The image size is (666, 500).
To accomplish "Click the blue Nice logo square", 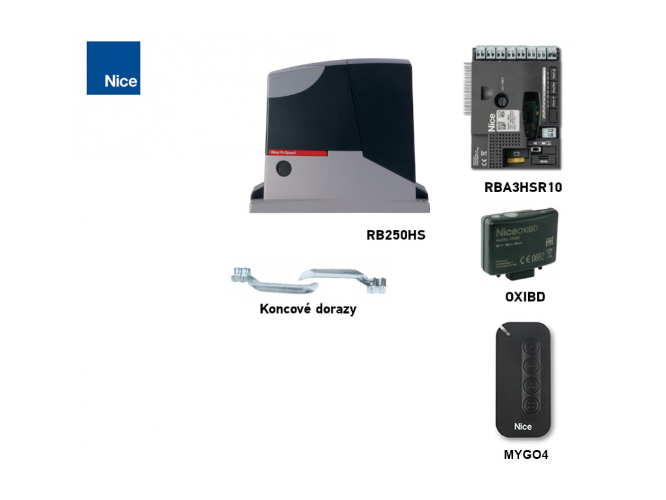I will pyautogui.click(x=113, y=68).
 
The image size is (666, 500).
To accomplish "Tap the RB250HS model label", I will pyautogui.click(x=395, y=235).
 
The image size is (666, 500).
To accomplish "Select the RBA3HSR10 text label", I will pyautogui.click(x=523, y=188).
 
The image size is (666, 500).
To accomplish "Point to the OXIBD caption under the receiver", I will pyautogui.click(x=525, y=298).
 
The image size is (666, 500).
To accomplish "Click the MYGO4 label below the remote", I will pyautogui.click(x=526, y=455).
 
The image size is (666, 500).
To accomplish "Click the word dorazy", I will pyautogui.click(x=334, y=309).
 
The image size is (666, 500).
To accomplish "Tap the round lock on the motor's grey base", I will pyautogui.click(x=283, y=169).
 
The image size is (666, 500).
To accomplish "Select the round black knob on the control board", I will pyautogui.click(x=501, y=101).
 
